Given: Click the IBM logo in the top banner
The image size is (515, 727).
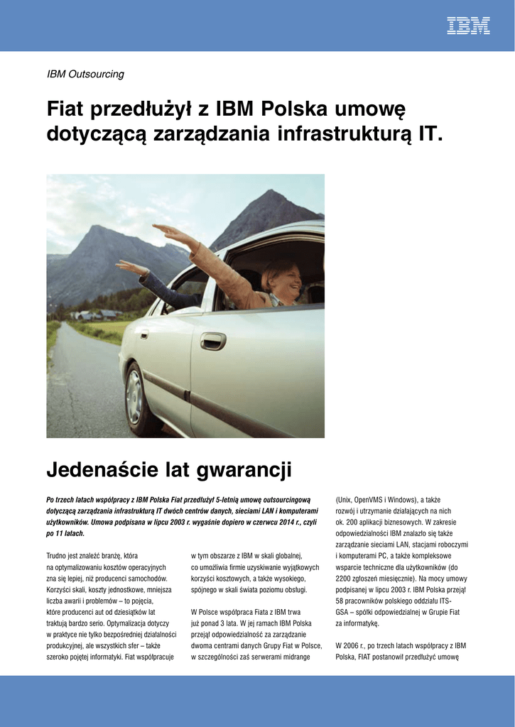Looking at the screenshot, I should [468, 26].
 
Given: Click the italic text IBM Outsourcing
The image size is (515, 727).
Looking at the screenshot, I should [85, 74].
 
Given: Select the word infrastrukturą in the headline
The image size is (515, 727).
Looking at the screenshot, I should [345, 133].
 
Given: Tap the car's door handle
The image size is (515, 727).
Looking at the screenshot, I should [212, 341].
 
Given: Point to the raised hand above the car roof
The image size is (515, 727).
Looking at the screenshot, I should [165, 230].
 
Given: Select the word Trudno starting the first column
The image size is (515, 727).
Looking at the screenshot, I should [58, 555].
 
